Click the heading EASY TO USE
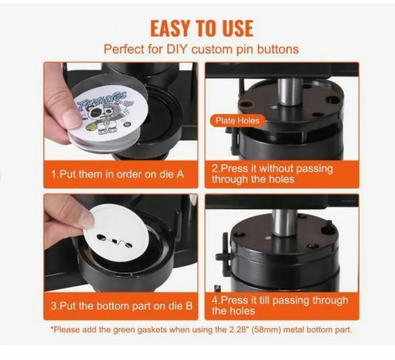tap(201, 28)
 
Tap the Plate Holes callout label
tap(237, 121)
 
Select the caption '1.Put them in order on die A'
tap(118, 174)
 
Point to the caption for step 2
tap(272, 174)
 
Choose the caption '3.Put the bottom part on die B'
tap(121, 306)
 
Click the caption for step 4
tap(279, 305)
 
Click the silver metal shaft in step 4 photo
tap(285, 222)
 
